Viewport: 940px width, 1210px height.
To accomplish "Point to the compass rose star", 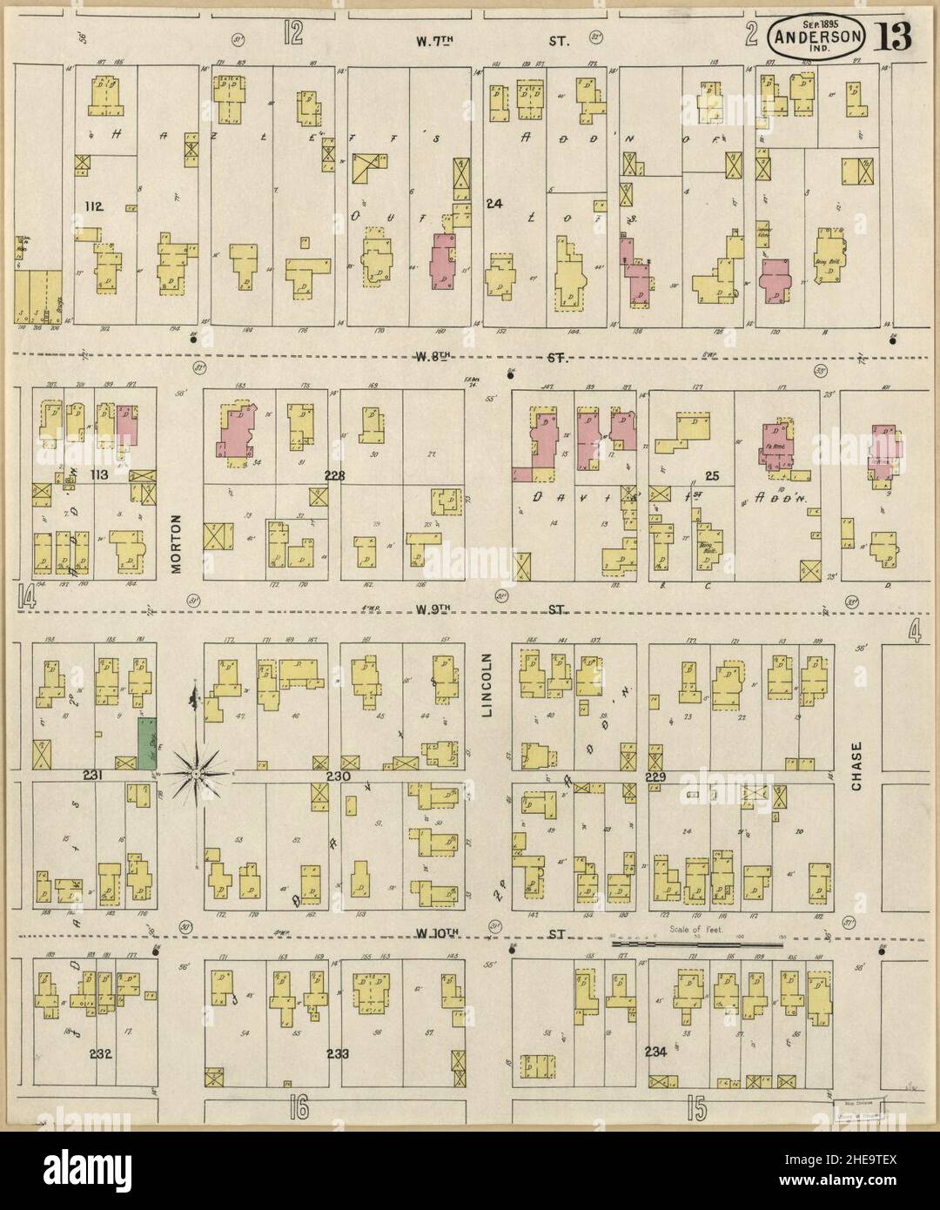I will (198, 771).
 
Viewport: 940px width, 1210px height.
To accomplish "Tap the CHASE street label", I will (856, 765).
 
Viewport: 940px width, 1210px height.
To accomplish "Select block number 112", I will (94, 206).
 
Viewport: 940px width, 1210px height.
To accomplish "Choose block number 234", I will (655, 1052).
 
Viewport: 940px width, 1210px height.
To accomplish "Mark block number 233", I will (338, 1053).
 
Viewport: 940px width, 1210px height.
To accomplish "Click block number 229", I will (655, 776).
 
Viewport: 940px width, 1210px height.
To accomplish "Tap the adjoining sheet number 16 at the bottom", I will (299, 1110).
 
